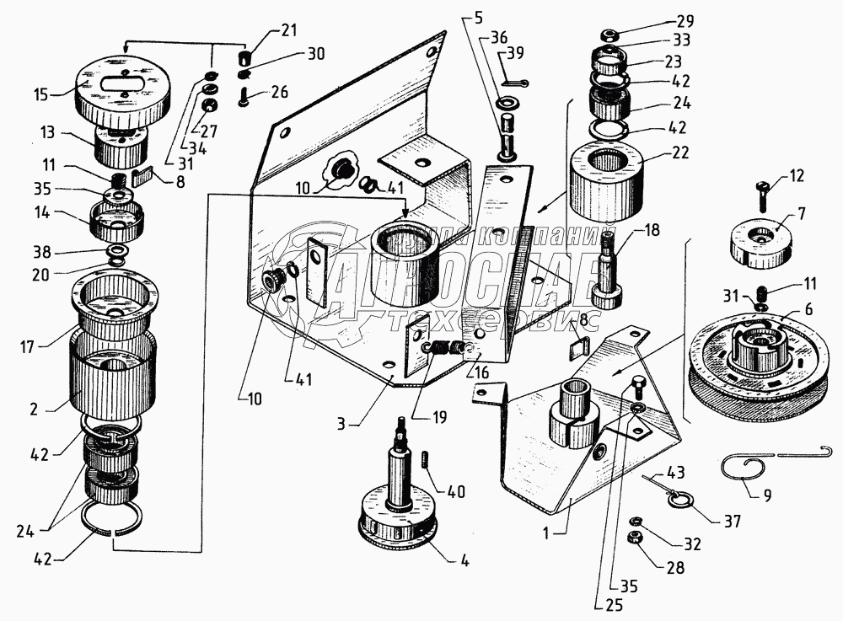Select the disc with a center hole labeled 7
pos(761,242)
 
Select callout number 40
pos(456,492)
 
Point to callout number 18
pos(652,230)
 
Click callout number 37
pos(730,522)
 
